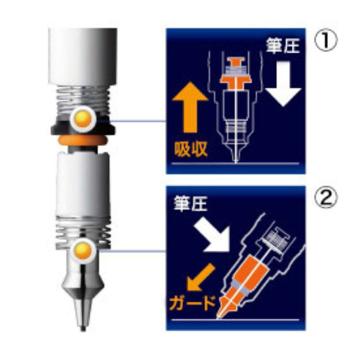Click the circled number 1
point(326,41)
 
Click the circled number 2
point(326,198)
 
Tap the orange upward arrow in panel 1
point(190,107)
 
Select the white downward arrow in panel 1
point(283,83)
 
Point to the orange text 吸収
point(191,149)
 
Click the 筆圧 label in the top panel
point(282,45)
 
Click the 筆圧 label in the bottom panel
point(190,203)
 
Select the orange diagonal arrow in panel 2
point(200,277)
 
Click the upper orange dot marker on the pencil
point(83,119)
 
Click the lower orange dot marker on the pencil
point(83,250)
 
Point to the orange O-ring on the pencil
point(83,140)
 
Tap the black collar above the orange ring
point(83,127)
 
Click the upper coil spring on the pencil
point(83,98)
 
